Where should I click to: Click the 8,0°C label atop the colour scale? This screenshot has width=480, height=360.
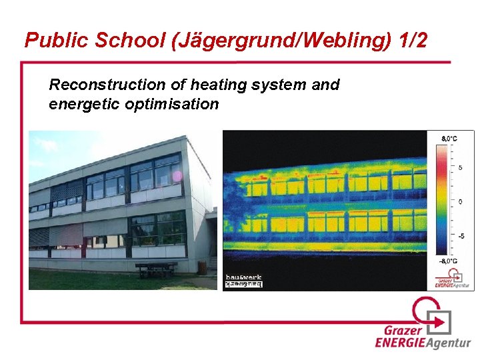point(449,138)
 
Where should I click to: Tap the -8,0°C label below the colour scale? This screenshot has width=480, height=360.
point(448,261)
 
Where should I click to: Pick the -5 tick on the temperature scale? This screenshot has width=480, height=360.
point(461,236)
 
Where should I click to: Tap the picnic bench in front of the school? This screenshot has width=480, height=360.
point(156,269)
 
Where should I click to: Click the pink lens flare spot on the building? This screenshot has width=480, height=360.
point(177,176)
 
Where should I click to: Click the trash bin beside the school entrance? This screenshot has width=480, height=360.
point(203,267)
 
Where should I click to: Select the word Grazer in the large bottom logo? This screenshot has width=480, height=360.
point(403,330)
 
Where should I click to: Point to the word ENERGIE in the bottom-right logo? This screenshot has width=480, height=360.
point(401,343)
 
